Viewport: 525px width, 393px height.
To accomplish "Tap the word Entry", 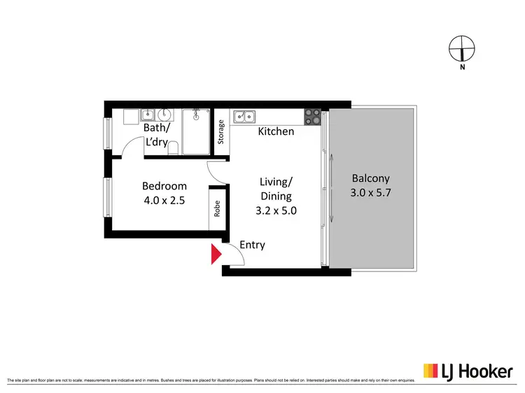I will pos(252,245).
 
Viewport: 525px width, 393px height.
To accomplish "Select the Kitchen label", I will pos(276,131).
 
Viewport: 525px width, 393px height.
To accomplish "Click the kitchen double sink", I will pos(244,116).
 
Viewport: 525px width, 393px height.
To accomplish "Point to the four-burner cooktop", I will pos(312,116).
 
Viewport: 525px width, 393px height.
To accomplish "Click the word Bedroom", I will pos(164,186).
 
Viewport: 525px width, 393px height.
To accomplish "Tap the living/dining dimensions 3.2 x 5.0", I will pos(275,209).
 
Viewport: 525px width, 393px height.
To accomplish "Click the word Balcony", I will pos(370,178).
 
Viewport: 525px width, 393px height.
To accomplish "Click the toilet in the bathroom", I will pos(178,145).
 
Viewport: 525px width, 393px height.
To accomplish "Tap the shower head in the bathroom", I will pos(197,112).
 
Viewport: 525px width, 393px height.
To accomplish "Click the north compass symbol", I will pos(462,49).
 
